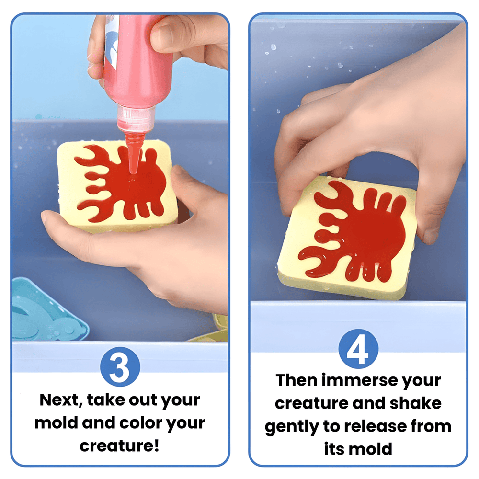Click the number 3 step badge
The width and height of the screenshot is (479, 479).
click(120, 366)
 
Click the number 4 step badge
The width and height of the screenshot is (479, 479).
click(358, 349)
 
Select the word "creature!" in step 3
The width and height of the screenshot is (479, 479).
click(119, 445)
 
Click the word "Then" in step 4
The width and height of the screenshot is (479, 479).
click(297, 381)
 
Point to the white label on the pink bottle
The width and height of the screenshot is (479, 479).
click(110, 43)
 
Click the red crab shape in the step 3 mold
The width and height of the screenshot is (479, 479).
click(121, 183)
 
